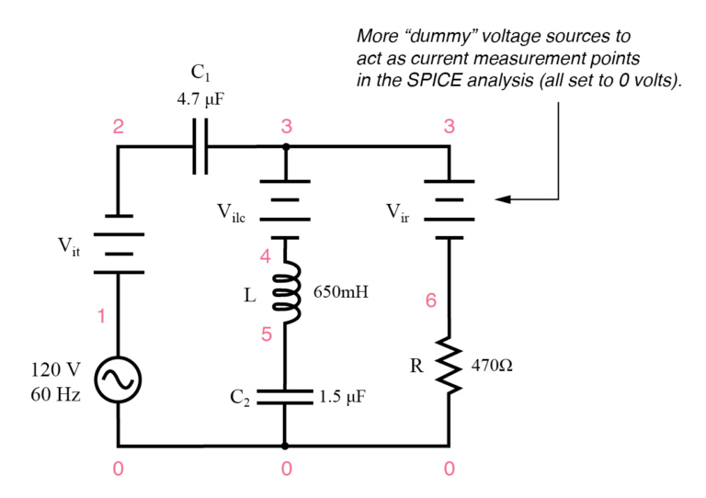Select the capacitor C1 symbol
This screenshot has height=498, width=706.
click(200, 146)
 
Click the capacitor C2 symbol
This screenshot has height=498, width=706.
click(286, 397)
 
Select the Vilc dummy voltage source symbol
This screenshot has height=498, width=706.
click(286, 208)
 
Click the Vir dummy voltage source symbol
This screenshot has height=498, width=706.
click(449, 208)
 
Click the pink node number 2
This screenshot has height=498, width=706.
click(118, 128)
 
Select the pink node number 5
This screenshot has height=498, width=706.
click(267, 334)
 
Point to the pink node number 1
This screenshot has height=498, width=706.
click(101, 317)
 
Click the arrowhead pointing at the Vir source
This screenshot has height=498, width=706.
click(502, 198)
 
